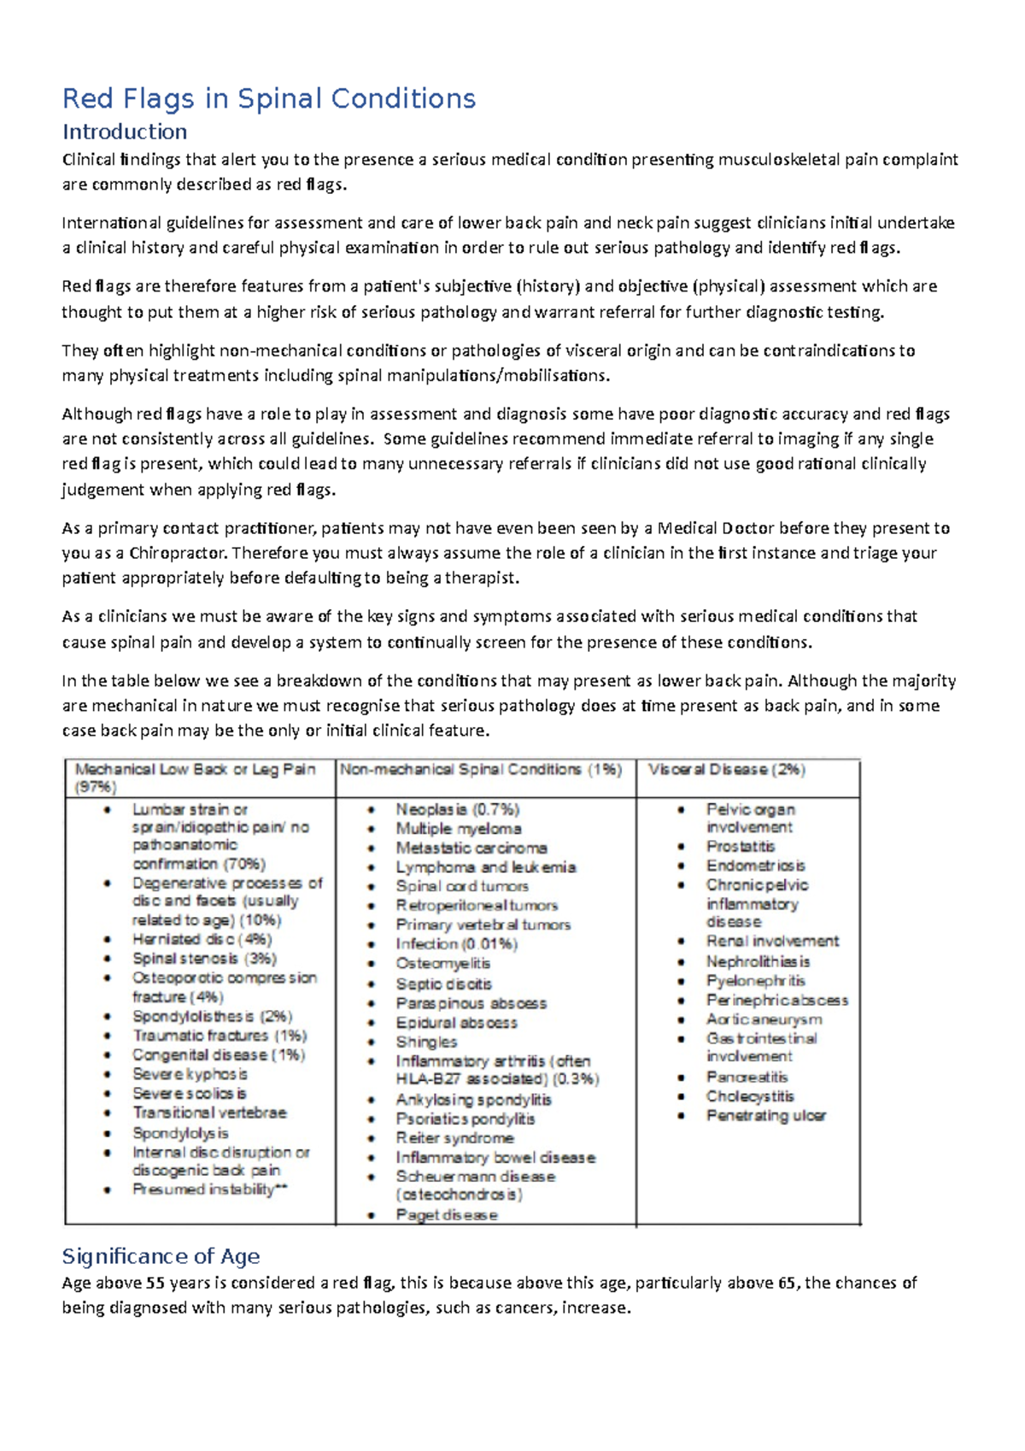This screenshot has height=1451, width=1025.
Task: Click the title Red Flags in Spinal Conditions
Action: pyautogui.click(x=268, y=99)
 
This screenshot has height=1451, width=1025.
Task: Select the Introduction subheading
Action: pyautogui.click(x=124, y=132)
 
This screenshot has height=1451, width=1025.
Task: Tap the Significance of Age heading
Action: pyautogui.click(x=161, y=1256)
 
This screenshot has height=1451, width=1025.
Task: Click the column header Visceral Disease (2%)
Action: pyautogui.click(x=726, y=769)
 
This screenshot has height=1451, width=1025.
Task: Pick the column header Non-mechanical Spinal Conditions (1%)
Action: pyautogui.click(x=481, y=769)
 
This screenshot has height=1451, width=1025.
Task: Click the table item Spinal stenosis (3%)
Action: pyautogui.click(x=204, y=959)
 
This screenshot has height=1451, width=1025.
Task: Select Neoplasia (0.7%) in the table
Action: pyautogui.click(x=457, y=809)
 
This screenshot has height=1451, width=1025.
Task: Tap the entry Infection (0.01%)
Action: pyautogui.click(x=456, y=944)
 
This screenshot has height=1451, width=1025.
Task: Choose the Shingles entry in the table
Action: pyautogui.click(x=426, y=1042)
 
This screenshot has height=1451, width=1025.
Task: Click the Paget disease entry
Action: pyautogui.click(x=446, y=1215)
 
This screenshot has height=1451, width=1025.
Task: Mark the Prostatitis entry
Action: pyautogui.click(x=741, y=847)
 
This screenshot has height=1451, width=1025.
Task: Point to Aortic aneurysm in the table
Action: pyautogui.click(x=764, y=1019)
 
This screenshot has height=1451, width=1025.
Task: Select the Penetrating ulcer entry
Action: pyautogui.click(x=765, y=1116)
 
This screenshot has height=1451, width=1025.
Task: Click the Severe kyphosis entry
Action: pyautogui.click(x=190, y=1074)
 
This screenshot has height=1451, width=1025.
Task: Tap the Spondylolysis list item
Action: pyautogui.click(x=180, y=1133)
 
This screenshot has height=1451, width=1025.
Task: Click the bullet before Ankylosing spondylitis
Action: pyautogui.click(x=372, y=1101)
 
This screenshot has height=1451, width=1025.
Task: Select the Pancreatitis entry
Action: pyautogui.click(x=747, y=1078)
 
